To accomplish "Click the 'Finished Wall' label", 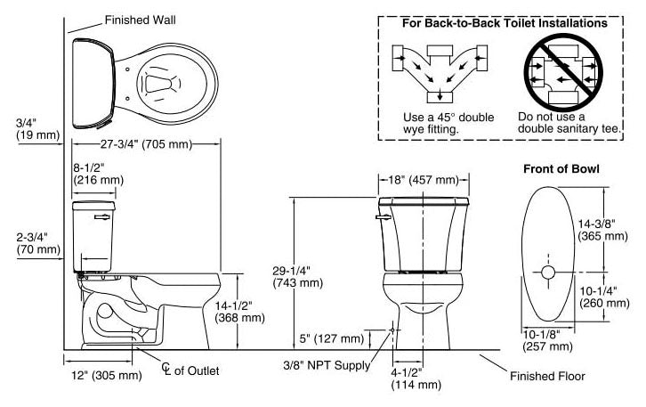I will (140, 20).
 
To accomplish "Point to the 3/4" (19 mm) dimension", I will (36, 128).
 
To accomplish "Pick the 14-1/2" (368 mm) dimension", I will (241, 311).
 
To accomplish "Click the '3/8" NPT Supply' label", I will (327, 363).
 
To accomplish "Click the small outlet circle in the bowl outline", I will (548, 270).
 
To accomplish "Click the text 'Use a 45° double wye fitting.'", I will (435, 123).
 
